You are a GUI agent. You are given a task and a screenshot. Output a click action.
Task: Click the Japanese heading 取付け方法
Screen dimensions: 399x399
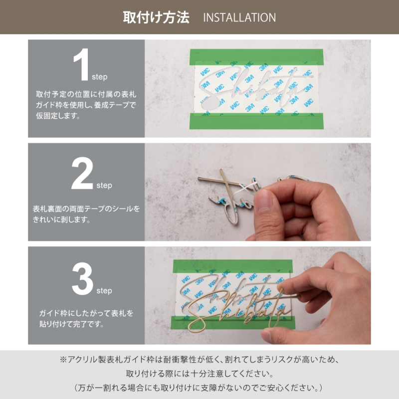point(156,17)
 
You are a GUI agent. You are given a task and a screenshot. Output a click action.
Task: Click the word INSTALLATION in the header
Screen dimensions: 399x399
point(239,18)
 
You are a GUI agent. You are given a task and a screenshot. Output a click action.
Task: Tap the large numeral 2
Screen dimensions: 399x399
point(82,175)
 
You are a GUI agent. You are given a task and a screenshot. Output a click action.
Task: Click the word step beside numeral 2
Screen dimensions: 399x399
point(104,186)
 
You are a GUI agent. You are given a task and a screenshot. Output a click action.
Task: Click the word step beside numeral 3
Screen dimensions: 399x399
point(104,290)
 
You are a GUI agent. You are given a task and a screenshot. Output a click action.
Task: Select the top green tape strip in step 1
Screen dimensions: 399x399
point(257,56)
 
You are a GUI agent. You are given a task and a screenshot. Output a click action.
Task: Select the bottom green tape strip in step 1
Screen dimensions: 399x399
point(257,120)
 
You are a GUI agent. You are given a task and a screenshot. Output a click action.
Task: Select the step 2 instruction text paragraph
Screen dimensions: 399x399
point(86,213)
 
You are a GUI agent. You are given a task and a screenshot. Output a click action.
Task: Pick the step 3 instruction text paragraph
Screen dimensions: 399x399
point(86,319)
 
